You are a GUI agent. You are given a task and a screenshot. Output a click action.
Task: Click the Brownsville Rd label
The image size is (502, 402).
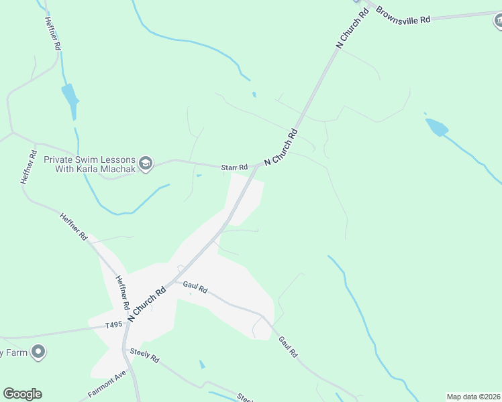tap(403, 15)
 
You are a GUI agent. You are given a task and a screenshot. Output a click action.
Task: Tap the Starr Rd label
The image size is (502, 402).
tap(235, 167)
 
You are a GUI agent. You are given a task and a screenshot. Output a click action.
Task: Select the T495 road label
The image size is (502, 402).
tap(115, 326)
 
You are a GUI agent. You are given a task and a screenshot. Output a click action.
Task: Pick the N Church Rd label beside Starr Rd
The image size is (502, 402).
tap(281, 147)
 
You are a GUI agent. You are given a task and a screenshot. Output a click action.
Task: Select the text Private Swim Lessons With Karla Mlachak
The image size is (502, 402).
tap(90, 164)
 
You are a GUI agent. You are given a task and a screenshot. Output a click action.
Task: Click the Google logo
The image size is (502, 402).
tap(23, 394)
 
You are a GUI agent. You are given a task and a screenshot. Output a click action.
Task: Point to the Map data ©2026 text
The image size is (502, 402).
tap(473, 397)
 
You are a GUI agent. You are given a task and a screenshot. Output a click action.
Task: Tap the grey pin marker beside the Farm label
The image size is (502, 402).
tap(38, 351)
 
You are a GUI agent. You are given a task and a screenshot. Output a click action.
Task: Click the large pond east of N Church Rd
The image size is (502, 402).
tap(436, 127)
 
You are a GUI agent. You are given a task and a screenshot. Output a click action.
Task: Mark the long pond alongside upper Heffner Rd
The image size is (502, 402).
tap(70, 98)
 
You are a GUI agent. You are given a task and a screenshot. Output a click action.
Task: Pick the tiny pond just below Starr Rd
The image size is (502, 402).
tap(199, 176)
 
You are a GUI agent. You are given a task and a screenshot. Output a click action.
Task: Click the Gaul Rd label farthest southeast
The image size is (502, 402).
tap(287, 346)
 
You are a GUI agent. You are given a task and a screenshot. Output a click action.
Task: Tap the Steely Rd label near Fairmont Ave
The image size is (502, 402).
tap(144, 354)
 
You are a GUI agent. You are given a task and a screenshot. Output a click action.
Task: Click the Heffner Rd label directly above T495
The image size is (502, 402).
tap(121, 293)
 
